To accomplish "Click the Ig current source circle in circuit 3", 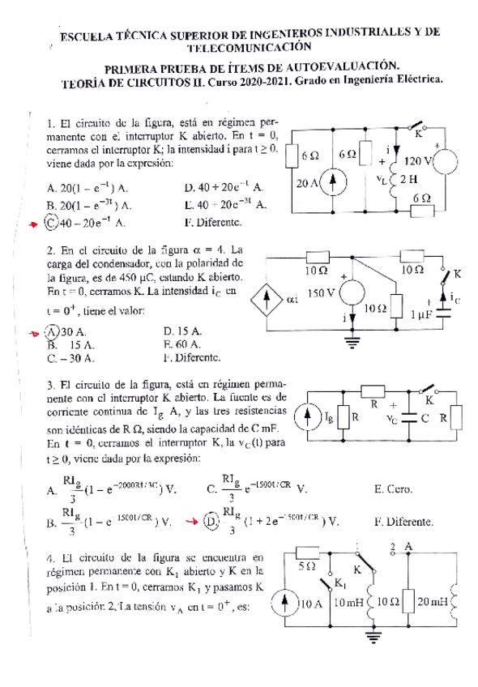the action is (312, 418).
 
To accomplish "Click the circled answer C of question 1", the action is (52, 220).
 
